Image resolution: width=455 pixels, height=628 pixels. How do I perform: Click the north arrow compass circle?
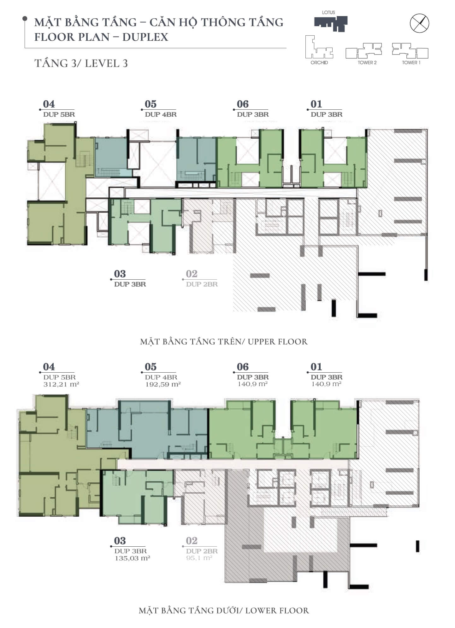pyautogui.click(x=419, y=23)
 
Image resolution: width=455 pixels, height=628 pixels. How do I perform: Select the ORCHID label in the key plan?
pyautogui.click(x=319, y=62)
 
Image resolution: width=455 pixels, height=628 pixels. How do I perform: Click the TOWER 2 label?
pyautogui.click(x=367, y=62)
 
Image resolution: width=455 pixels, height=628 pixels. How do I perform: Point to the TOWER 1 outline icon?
pyautogui.click(x=410, y=50)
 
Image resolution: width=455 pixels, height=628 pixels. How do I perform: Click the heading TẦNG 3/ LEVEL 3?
pyautogui.click(x=81, y=63)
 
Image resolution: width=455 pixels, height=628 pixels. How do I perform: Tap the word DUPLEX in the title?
pyautogui.click(x=145, y=37)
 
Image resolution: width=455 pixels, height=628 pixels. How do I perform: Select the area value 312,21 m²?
pyautogui.click(x=61, y=384)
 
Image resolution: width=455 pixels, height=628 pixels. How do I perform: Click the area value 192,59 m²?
pyautogui.click(x=163, y=384)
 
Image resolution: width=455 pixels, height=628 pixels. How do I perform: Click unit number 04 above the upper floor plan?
pyautogui.click(x=49, y=104)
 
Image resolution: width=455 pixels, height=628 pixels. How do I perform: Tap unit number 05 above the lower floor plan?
pyautogui.click(x=151, y=367)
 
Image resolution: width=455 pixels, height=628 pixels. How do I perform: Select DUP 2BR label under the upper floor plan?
pyautogui.click(x=202, y=284)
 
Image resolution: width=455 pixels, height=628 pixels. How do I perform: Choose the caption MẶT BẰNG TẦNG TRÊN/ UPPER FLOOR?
pyautogui.click(x=224, y=342)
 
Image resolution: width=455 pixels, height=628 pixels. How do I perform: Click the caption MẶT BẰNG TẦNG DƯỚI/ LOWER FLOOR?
pyautogui.click(x=224, y=610)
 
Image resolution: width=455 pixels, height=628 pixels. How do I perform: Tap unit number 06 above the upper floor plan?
pyautogui.click(x=243, y=104)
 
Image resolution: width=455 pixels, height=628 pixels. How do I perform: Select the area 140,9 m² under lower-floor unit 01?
pyautogui.click(x=326, y=384)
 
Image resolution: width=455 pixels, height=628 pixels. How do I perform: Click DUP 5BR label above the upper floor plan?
pyautogui.click(x=59, y=114)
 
